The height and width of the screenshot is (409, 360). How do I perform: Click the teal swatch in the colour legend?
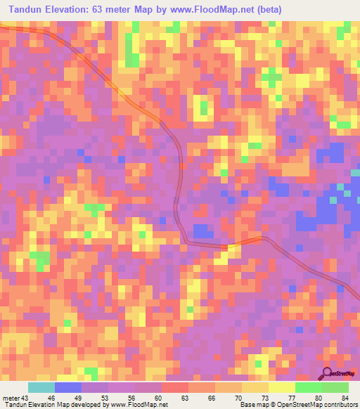(x=41, y=388)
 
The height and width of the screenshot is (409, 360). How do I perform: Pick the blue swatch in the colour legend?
(x=68, y=388)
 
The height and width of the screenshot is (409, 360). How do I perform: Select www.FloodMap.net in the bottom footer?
(x=136, y=405)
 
